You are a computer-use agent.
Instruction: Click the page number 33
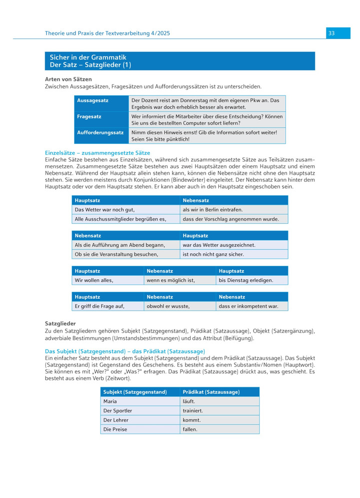331,33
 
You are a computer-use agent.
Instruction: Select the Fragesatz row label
89,116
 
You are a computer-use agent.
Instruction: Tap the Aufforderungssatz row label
100,132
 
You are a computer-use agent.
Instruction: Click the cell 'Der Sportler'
118,411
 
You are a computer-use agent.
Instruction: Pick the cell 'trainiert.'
193,411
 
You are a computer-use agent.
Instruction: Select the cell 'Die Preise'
115,429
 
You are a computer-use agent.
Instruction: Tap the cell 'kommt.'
191,420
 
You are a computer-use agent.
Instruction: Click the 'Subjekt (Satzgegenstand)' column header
134,392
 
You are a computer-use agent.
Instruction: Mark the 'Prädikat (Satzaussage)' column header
211,392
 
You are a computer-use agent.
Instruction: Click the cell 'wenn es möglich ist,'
170,280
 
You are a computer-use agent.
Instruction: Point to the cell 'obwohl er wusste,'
168,306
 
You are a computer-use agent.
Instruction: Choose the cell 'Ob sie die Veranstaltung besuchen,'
116,254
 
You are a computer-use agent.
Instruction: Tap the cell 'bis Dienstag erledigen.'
246,280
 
